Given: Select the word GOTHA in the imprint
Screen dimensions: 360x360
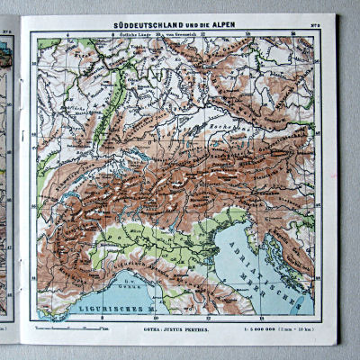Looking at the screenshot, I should (x=146, y=329).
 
